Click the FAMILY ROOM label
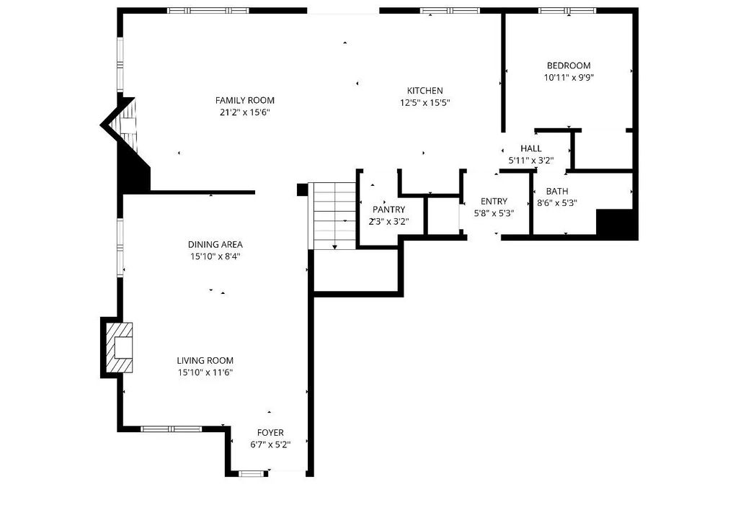[x=245, y=100]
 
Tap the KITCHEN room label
[x=424, y=90]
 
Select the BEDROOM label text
[x=569, y=66]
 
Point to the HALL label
[x=531, y=148]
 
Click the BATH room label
[x=557, y=191]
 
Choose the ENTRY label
[x=494, y=201]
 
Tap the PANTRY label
[x=388, y=210]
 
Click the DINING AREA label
[x=215, y=244]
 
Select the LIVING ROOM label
[x=205, y=360]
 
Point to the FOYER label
[x=270, y=432]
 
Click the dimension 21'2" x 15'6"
[x=245, y=112]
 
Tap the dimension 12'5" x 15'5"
[x=425, y=102]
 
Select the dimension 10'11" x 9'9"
[x=569, y=78]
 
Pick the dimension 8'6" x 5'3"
[x=557, y=203]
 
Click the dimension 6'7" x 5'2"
[x=270, y=444]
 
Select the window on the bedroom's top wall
[x=567, y=10]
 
